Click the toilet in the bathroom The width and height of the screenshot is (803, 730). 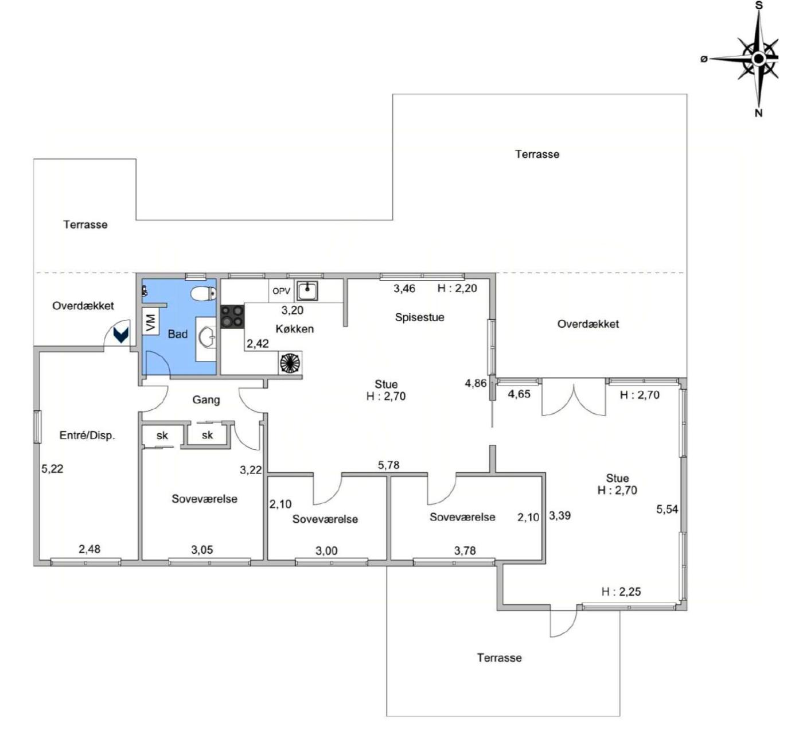(x=204, y=294)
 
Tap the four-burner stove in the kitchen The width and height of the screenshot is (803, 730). (x=232, y=317)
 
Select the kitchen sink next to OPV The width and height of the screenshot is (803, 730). (x=307, y=290)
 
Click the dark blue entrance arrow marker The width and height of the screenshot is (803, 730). (x=121, y=335)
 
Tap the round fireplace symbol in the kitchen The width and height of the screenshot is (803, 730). (x=290, y=363)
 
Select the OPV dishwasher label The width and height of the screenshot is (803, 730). (x=282, y=292)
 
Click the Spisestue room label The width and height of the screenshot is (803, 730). (x=419, y=317)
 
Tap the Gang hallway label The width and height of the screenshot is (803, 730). (x=206, y=400)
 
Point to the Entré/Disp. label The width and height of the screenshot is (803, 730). (x=87, y=436)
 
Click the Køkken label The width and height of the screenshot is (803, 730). (x=295, y=329)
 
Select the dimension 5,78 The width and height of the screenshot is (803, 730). (x=389, y=465)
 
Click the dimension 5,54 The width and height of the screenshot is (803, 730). (x=667, y=509)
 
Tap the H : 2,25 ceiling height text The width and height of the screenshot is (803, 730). (x=621, y=591)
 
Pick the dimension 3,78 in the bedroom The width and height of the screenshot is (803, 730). (x=465, y=550)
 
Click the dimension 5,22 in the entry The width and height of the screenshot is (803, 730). (x=52, y=468)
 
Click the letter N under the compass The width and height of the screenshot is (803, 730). (x=759, y=114)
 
